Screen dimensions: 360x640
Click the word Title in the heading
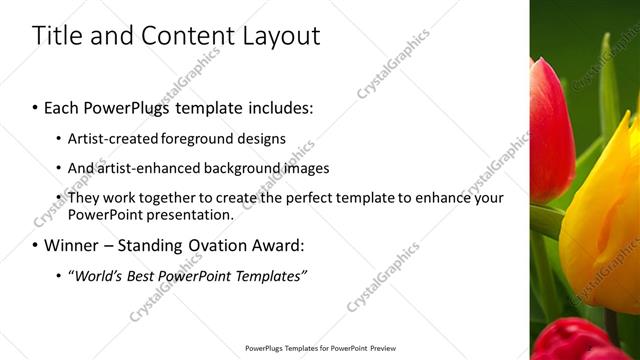point(57,36)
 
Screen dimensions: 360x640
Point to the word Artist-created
point(111,138)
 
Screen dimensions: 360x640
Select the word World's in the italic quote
point(96,275)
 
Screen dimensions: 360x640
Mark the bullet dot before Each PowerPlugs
point(36,106)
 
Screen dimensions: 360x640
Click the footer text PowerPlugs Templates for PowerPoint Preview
point(319,349)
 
